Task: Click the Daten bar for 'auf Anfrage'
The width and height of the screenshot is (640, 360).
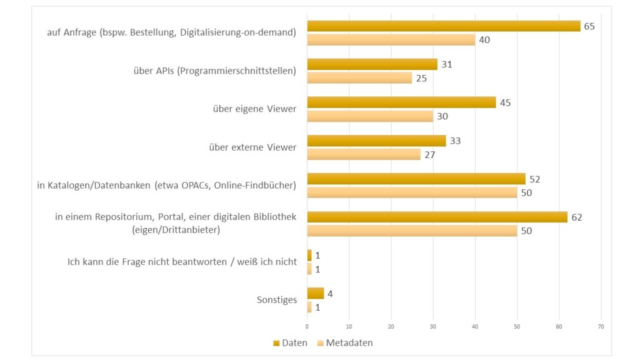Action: coord(444,26)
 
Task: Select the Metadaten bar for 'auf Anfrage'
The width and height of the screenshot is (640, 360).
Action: coord(391,39)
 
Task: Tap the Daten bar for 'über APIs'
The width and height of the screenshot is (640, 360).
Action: coord(372,64)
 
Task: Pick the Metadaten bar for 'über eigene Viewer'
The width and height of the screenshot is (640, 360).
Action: coord(370,116)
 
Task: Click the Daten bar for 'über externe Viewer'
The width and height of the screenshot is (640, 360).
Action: coord(376,141)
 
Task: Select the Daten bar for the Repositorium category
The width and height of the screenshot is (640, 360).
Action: coord(437,217)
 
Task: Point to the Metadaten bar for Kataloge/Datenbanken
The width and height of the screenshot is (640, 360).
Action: coord(412,192)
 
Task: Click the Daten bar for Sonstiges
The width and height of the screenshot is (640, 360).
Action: coord(316,293)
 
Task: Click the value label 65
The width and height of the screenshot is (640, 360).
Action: coord(589,26)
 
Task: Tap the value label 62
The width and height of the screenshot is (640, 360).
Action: coord(577,217)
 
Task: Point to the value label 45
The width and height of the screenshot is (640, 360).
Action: coord(506,102)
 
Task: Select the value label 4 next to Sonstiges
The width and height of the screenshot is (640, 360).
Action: coord(330,293)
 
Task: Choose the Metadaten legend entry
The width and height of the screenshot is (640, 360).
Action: coord(345,342)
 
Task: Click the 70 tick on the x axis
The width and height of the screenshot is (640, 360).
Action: coord(601,326)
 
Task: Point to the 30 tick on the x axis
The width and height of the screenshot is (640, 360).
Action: coord(433,326)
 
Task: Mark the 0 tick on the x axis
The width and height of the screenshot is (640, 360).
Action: coord(307,326)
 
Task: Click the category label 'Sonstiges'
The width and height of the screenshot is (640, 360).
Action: coord(276,300)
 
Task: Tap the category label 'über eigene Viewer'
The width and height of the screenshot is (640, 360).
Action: coord(254,109)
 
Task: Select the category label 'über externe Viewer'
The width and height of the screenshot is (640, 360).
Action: coord(252,147)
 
